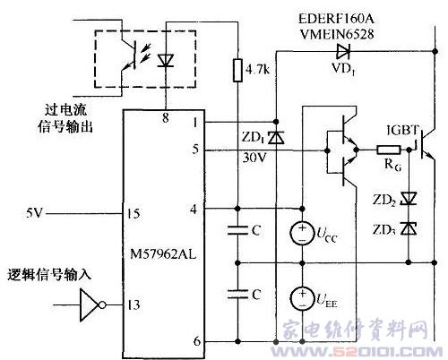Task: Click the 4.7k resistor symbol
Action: coord(237,71)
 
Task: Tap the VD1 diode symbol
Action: coord(343,51)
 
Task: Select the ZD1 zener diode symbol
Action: coord(276,138)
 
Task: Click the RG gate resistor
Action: coord(388,150)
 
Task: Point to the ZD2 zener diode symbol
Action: coord(409,198)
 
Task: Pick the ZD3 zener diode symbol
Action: coord(409,228)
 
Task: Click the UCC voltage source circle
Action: coord(302,233)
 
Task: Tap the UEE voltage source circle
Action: coord(302,298)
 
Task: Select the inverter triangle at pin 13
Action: coord(89,304)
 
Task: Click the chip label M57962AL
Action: coord(163,254)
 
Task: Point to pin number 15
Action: coord(134,213)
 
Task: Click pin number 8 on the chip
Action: coord(166,117)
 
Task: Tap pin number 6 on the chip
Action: coord(197,340)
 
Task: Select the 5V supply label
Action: coord(34,213)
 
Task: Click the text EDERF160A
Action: coord(336,20)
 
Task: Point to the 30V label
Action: coord(254,158)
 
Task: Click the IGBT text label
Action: coord(402,130)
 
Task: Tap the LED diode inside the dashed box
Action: coord(166,60)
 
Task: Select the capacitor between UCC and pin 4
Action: coord(237,230)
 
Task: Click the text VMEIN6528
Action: coord(337,34)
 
